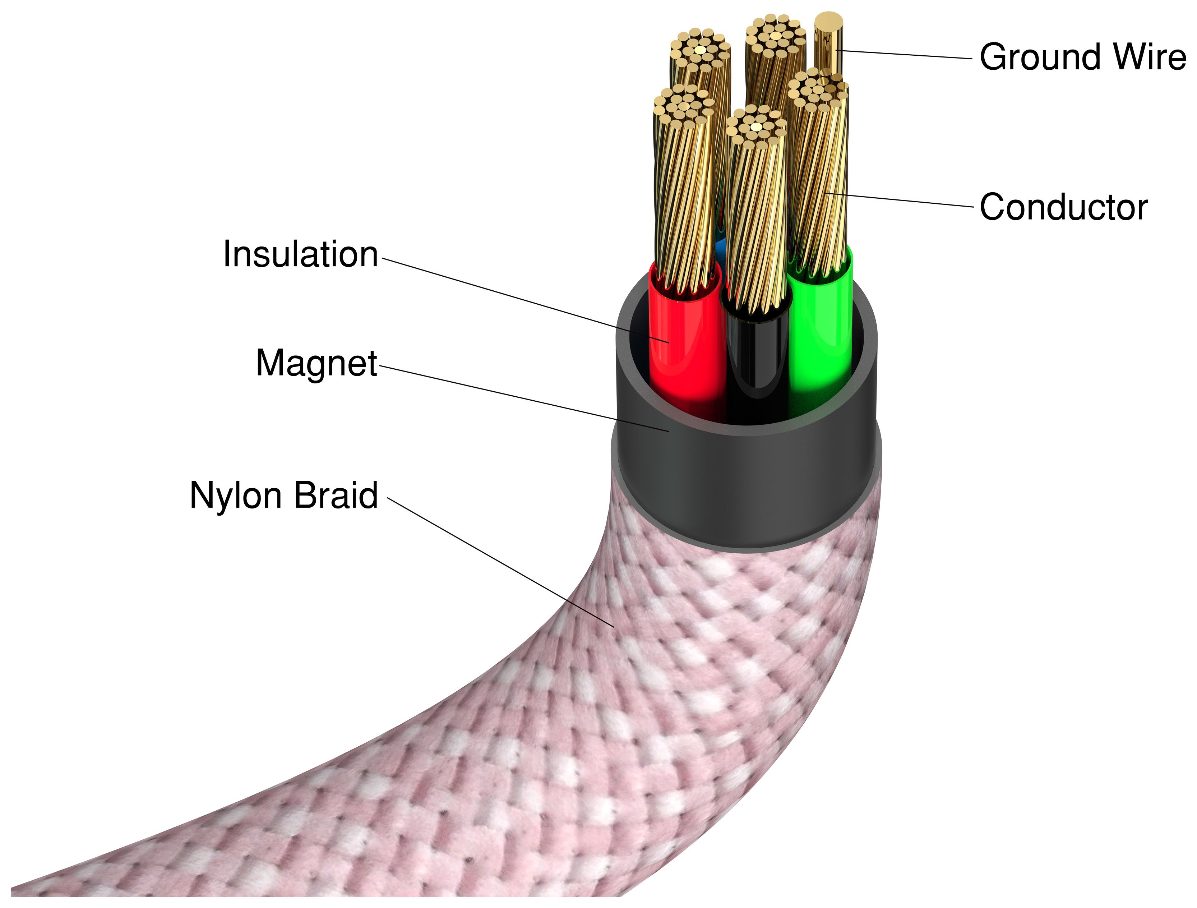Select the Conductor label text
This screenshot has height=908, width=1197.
[1063, 207]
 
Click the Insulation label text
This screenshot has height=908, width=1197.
[300, 254]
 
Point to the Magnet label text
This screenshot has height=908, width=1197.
[316, 363]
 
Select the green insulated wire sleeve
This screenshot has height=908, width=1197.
[820, 336]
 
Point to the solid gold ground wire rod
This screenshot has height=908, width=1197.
[828, 43]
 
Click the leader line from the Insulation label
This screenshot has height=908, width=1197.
[525, 300]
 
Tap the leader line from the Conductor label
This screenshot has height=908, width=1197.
[904, 200]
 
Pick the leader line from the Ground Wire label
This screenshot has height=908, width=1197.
[904, 54]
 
